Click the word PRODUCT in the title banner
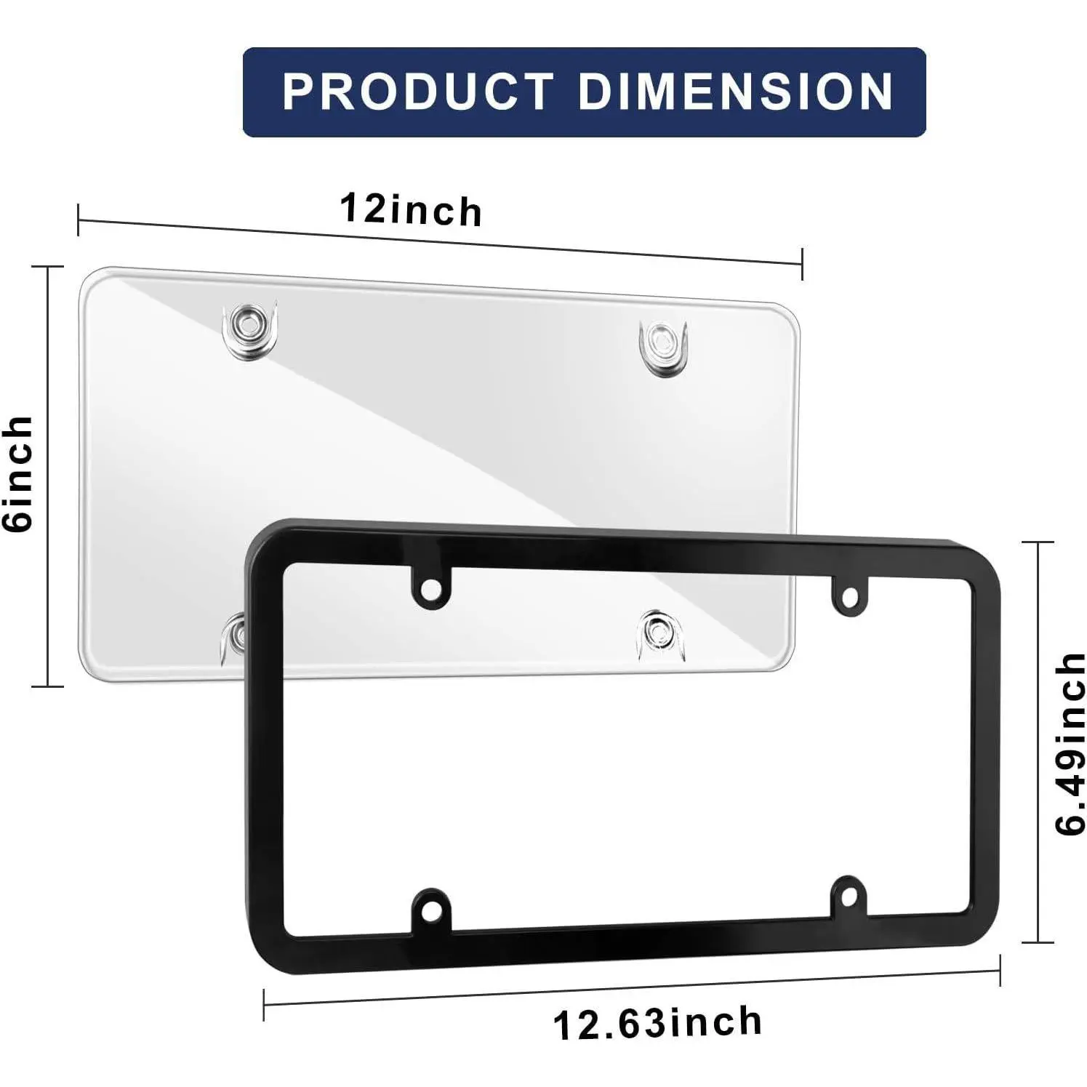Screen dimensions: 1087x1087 [417, 92]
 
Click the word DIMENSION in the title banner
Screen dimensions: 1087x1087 [736, 92]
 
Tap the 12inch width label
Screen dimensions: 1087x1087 [411, 210]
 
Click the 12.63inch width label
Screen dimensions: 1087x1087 [657, 1023]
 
